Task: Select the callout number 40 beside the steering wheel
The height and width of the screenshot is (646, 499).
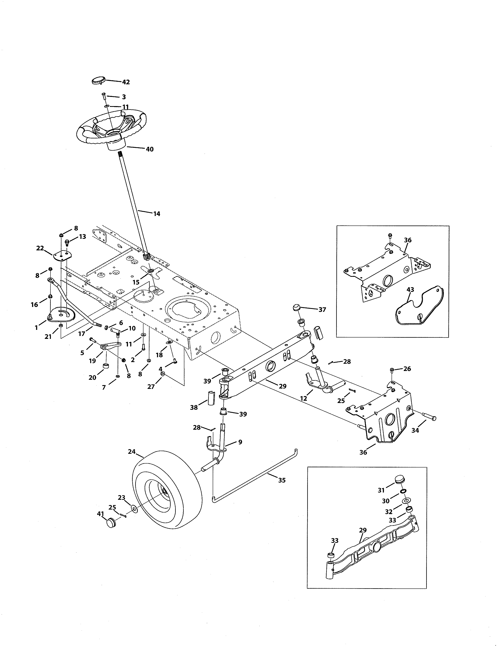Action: [150, 149]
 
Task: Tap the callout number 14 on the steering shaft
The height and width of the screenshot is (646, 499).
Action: [157, 214]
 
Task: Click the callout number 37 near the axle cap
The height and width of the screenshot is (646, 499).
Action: [322, 310]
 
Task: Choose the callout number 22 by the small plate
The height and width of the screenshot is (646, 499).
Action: [40, 248]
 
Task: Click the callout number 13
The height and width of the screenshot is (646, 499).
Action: [82, 237]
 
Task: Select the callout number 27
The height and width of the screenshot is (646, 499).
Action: [151, 387]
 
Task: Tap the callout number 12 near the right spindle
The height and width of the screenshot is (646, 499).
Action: [304, 398]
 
